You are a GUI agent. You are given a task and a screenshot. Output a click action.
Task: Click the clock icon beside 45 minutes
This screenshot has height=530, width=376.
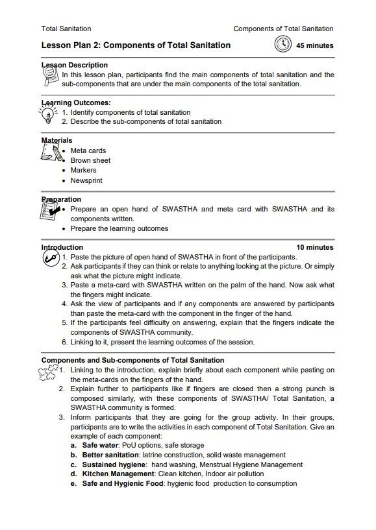282,45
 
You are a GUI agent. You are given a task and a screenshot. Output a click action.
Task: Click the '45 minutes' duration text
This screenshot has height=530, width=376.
314,46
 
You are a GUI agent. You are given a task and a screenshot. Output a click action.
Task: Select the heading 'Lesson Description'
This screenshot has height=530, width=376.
75,65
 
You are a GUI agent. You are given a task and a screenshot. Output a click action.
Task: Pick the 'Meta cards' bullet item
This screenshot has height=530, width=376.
88,151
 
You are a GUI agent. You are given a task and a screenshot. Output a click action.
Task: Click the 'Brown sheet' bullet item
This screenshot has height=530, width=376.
90,160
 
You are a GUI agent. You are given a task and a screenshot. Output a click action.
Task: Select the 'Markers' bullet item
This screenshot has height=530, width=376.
83,171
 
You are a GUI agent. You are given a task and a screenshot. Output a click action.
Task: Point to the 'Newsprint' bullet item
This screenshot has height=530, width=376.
86,180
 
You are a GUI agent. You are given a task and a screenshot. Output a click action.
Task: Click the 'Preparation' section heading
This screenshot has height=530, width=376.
62,199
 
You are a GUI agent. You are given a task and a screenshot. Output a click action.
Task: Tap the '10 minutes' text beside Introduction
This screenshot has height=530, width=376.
315,247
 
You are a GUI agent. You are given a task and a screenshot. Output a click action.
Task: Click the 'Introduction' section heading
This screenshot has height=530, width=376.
62,247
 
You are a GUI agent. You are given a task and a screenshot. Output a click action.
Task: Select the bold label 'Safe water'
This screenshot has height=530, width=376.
102,446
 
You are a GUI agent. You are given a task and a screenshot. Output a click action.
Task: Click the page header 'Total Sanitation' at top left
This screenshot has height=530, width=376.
66,29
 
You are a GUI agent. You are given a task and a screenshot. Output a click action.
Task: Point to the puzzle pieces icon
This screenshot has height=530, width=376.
49,373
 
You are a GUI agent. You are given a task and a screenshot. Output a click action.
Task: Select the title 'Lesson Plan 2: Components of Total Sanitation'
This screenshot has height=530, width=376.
136,45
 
